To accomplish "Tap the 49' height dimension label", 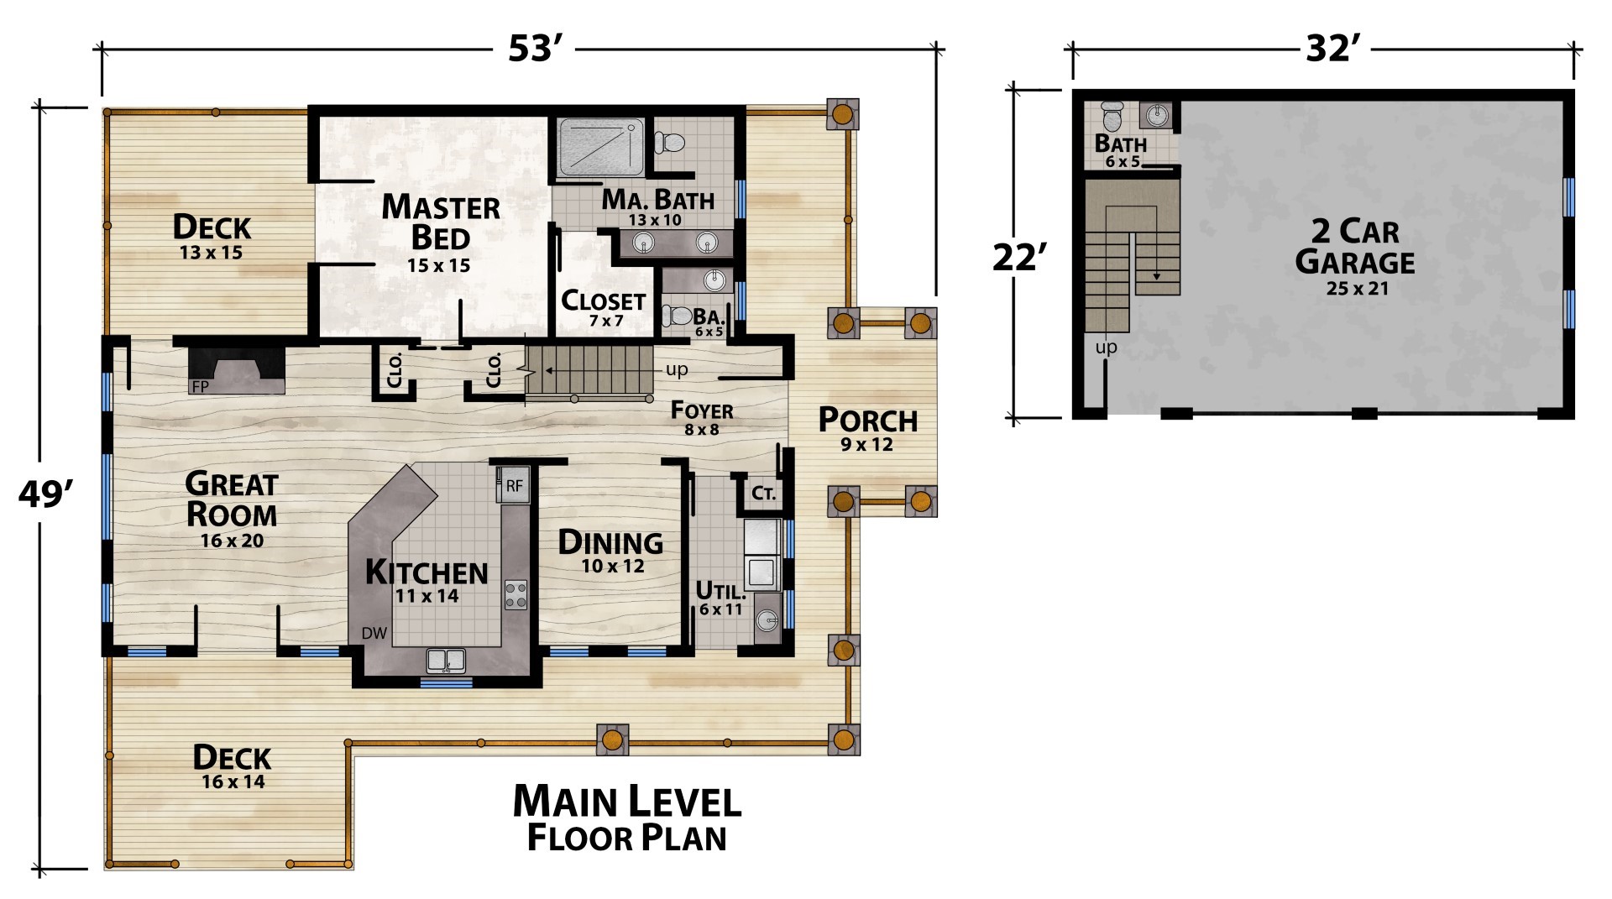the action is (x=41, y=495).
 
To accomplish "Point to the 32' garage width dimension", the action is (x=1332, y=50).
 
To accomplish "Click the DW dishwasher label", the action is (x=374, y=633).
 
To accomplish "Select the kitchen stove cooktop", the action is (x=516, y=594).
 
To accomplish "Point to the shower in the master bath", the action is (x=601, y=149).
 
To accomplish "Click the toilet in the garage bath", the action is (x=1112, y=114).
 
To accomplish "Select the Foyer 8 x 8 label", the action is (x=702, y=418).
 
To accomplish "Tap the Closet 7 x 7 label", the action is (x=603, y=308).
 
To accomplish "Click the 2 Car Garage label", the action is (x=1355, y=256).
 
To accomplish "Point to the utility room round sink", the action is (x=767, y=619).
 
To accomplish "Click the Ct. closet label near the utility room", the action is (x=763, y=493).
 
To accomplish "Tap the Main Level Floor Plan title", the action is (x=627, y=818).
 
